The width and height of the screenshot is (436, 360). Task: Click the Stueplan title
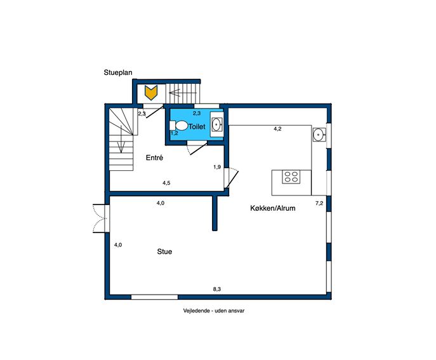pos(118,72)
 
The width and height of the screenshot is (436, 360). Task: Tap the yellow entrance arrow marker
pos(151,93)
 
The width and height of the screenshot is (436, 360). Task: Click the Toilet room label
pos(197,126)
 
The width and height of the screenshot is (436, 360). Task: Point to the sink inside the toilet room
pos(216,124)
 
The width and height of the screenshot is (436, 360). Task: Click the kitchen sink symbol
pos(318,135)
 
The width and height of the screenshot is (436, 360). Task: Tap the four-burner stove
pos(291,177)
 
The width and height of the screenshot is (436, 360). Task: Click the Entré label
pos(154,157)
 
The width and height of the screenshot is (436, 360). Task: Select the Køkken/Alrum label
pos(273,208)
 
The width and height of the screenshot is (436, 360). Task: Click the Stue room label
pos(164,251)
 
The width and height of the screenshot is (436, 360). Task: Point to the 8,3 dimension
pos(217,289)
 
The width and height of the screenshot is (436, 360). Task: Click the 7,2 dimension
pos(319,203)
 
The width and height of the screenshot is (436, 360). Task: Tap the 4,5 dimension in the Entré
pos(166,183)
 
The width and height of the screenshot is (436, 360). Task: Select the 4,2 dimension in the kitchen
pos(277,129)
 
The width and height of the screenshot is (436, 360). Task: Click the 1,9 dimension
pos(217,167)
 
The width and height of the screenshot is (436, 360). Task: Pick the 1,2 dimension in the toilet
pos(174,133)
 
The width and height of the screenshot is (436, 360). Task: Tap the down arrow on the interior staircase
pos(121,139)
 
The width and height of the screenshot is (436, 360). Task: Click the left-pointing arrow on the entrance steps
pos(183,93)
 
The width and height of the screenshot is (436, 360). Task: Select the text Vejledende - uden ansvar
pos(213,310)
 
